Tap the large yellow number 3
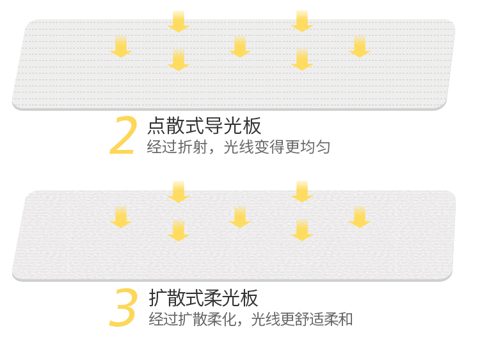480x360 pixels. [x=123, y=307]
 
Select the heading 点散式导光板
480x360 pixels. [x=204, y=126]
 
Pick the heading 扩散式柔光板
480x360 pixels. [x=204, y=298]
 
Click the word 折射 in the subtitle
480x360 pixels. [x=193, y=147]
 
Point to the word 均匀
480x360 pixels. [x=316, y=147]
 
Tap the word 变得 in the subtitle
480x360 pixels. [x=269, y=147]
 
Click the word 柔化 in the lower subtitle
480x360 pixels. [x=222, y=319]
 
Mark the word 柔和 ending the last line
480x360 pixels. [x=338, y=319]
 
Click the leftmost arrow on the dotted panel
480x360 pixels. [x=121, y=47]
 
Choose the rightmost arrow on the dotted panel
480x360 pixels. [x=360, y=47]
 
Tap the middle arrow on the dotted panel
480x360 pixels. [x=240, y=47]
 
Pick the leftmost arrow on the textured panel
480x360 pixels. [x=121, y=217]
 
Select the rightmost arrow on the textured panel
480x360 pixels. [x=360, y=217]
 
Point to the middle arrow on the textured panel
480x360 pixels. [x=240, y=217]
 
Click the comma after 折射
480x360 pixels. [x=212, y=151]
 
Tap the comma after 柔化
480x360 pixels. [x=240, y=323]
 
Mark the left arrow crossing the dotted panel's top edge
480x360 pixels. [x=179, y=21]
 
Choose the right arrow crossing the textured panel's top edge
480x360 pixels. [x=302, y=192]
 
